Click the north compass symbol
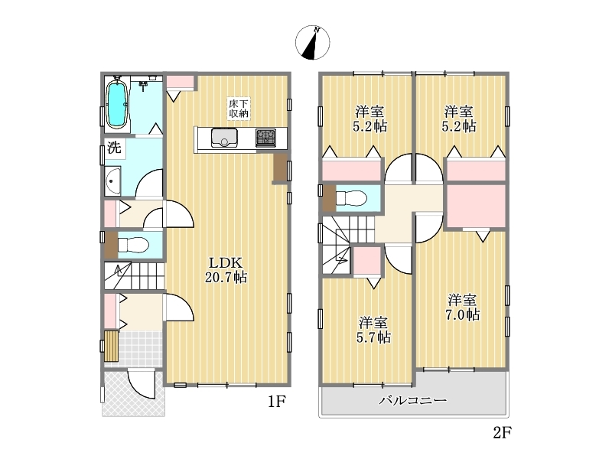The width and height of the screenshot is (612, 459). point(312,43)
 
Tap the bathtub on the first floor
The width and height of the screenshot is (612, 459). point(117,105)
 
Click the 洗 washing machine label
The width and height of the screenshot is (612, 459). point(114,148)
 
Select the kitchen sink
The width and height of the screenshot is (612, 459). point(224,138)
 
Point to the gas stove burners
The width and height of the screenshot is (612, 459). point(265,138)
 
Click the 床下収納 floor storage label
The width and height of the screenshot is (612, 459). point(239,109)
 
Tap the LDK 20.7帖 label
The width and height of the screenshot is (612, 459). point(226,269)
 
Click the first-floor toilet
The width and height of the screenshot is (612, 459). point(133,246)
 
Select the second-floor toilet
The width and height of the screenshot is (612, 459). point(351,198)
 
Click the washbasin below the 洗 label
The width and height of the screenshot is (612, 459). point(112,181)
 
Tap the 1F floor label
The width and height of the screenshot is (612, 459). point(277,401)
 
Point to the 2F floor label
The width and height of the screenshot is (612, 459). point(502,432)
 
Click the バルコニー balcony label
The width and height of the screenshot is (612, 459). point(413,400)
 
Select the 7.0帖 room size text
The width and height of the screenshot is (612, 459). point(463,314)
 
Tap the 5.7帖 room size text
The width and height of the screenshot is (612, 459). point(373,337)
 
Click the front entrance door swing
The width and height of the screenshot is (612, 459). point(142,385)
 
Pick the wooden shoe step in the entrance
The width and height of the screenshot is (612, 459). point(112,347)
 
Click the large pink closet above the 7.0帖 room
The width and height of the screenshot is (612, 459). point(476,206)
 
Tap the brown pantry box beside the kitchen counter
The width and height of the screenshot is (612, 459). point(279,168)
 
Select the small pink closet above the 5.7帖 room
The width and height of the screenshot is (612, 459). point(367,260)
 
